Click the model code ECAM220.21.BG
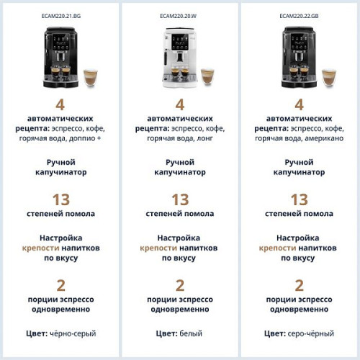pos(60,14)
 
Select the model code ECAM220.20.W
pos(180,14)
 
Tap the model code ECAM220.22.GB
pos(299,14)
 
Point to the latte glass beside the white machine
pos(207,76)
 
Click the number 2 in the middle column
pos(180,285)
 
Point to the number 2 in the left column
pos(60,285)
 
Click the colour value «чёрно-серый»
pos(73,333)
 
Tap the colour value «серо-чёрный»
pos(311,333)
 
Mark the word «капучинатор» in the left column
pos(60,174)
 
